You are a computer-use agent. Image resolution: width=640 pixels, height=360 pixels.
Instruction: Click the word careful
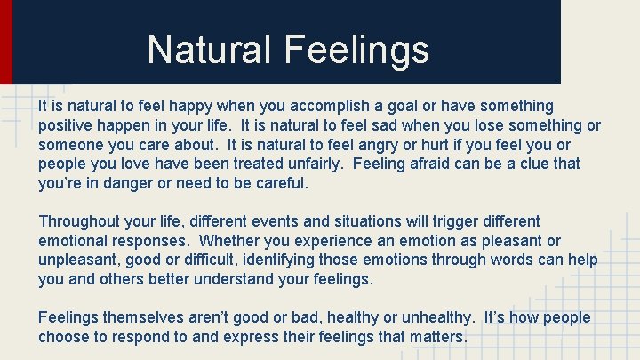pyautogui.click(x=276, y=184)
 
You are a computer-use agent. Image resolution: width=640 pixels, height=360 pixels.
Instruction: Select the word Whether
pyautogui.click(x=232, y=241)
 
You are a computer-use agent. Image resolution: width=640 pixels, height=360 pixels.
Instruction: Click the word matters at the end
pyautogui.click(x=436, y=337)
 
